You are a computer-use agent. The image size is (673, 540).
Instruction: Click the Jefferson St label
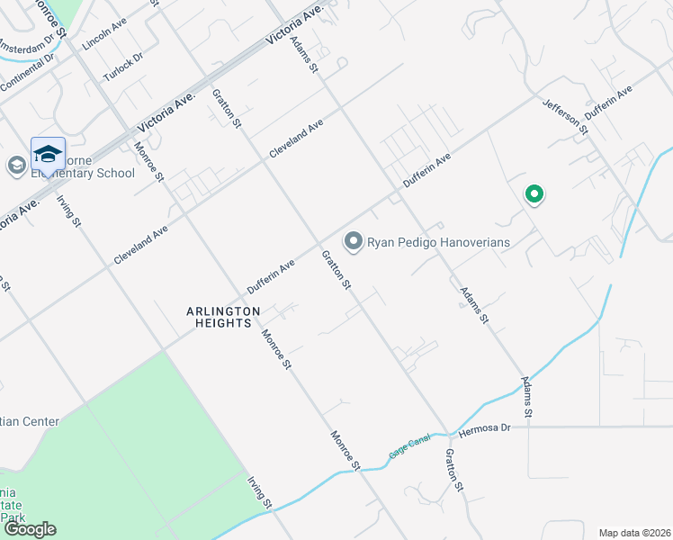click(x=564, y=117)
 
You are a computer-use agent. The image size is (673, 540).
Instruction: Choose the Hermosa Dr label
click(x=484, y=428)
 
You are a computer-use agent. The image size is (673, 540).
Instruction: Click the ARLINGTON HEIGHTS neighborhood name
click(x=223, y=317)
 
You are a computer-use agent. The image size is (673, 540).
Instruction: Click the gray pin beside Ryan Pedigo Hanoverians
click(x=354, y=240)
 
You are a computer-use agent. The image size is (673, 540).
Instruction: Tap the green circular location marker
click(x=534, y=193)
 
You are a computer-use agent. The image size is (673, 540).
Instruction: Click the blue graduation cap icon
click(x=48, y=153)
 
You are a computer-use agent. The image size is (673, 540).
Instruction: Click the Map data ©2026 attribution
click(x=635, y=532)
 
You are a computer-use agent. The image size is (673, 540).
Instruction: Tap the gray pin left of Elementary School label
click(x=16, y=166)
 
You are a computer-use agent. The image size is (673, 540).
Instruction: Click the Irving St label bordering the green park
click(x=260, y=490)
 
